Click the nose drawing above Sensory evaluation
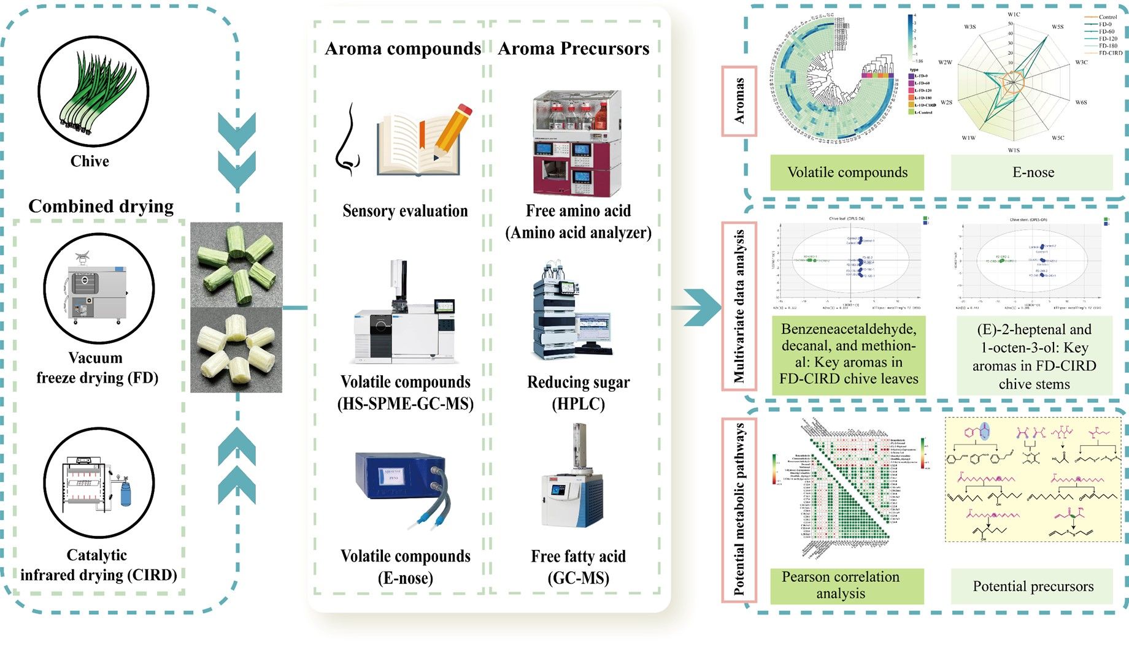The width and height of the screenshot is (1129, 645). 347,139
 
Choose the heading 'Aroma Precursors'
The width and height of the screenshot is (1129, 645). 573,48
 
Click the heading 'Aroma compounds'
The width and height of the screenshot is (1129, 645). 403,48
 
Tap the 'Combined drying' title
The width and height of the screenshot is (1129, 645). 101,206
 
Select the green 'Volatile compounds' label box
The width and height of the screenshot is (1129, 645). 847,172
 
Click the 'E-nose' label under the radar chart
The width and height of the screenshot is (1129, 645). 1033,172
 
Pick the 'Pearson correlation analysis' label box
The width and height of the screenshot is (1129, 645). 847,586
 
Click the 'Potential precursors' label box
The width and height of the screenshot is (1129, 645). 1033,586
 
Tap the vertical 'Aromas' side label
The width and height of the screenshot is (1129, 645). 739,101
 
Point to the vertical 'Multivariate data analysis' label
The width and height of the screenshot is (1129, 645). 739,307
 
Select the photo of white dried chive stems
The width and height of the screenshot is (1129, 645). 236,350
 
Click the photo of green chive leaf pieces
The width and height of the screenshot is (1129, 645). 236,264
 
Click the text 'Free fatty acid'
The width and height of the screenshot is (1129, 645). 578,556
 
